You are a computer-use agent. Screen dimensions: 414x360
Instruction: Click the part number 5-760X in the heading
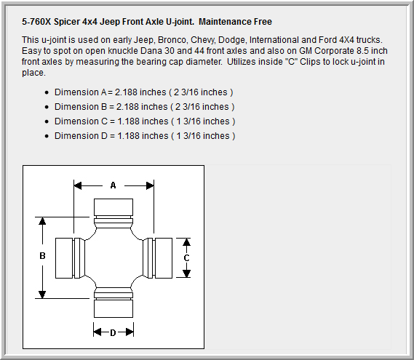[36, 22]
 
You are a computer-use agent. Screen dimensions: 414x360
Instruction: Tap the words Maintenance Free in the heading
[235, 22]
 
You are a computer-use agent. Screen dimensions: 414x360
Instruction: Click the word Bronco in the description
[172, 40]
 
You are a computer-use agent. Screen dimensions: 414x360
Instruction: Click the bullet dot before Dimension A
[47, 92]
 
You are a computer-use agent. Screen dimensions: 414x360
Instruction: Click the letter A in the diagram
[113, 185]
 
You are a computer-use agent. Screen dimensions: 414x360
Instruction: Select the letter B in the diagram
[42, 256]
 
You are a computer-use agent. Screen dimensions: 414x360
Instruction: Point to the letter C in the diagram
[186, 258]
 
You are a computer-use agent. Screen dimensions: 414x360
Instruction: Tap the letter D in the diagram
[113, 333]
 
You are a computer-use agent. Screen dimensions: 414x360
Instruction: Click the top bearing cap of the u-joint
[114, 207]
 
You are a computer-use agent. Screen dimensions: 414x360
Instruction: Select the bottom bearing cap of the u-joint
[114, 308]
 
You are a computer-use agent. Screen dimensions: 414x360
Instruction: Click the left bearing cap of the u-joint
[64, 258]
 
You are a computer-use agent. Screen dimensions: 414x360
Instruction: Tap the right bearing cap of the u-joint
[164, 258]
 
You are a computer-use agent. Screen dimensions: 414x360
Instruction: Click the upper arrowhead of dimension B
[42, 221]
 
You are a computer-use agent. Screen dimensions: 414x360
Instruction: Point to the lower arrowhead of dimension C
[186, 273]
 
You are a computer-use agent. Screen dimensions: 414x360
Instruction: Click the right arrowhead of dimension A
[150, 185]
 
